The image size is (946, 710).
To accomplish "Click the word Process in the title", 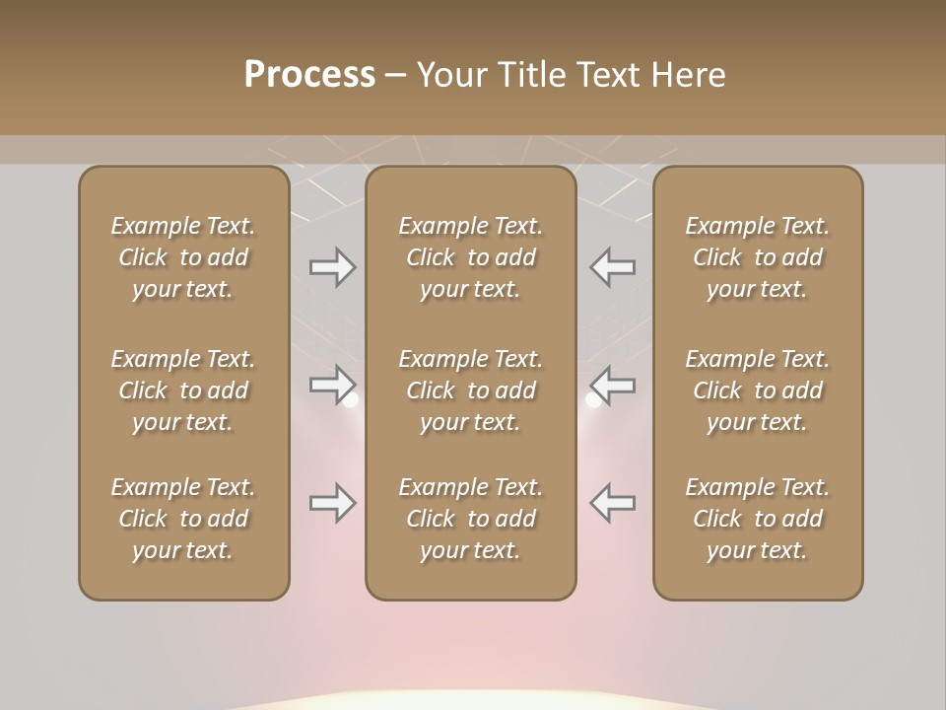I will [309, 75].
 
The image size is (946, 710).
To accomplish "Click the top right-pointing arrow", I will [332, 267].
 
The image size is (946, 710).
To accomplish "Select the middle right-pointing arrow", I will [332, 384].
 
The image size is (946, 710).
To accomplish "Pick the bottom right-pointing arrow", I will [332, 503].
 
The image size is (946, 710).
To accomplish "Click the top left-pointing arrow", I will [613, 267].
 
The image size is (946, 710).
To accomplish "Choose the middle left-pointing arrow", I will [613, 384].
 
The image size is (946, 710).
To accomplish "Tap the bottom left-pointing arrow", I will [613, 503].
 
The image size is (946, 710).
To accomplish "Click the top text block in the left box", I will [183, 257].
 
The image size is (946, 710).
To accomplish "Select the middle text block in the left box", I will [183, 390].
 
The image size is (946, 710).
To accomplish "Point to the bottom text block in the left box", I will [183, 519].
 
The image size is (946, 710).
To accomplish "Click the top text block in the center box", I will [471, 257].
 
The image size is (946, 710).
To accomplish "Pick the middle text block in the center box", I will [471, 390].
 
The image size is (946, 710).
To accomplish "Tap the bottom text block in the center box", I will [471, 519].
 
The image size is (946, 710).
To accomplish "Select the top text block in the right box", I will [758, 257].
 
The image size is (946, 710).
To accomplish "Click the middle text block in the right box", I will [758, 390].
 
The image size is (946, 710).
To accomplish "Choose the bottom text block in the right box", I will [758, 519].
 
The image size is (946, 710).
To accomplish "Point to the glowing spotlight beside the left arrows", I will [350, 400].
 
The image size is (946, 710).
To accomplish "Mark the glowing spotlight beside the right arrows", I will [593, 400].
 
